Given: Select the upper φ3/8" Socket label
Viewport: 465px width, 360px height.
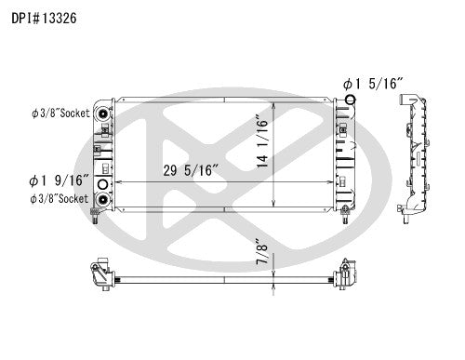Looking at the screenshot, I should click(x=60, y=115).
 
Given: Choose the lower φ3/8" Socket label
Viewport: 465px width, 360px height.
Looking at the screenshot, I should click(x=60, y=198).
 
